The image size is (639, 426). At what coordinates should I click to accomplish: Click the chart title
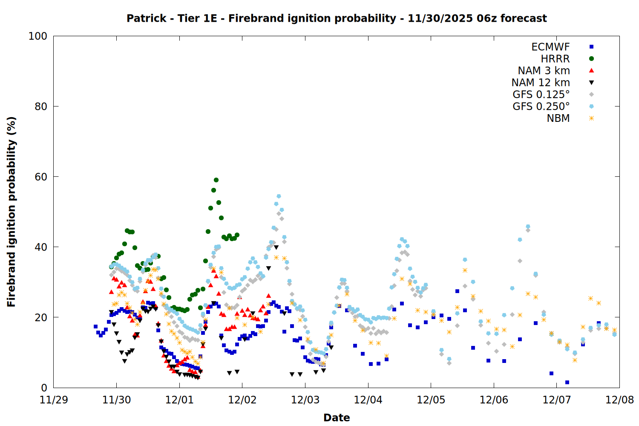coord(337,18)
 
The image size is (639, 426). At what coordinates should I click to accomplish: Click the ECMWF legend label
coord(550,47)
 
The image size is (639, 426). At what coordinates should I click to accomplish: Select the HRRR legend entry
coord(555,59)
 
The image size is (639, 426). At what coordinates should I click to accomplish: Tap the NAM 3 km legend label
coord(544,71)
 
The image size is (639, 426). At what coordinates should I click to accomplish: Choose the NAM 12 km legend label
coord(541,83)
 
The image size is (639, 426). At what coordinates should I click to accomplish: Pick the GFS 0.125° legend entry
coord(541,95)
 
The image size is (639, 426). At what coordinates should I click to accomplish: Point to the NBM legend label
coord(558,118)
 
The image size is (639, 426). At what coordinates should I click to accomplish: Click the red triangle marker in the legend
coord(591,71)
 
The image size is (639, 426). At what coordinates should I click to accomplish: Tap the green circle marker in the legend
coord(591,59)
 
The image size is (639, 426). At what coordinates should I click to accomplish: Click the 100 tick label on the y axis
coord(38,36)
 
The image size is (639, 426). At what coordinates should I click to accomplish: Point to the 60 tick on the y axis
coord(41,177)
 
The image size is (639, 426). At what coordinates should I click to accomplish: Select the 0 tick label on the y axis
coord(44,388)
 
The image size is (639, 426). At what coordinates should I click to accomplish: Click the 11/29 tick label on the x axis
coord(53,400)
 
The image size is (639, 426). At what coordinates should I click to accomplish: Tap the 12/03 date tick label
coord(305,400)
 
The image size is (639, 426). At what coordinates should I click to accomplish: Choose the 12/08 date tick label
coord(619,400)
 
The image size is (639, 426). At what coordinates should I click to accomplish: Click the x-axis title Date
coord(337,417)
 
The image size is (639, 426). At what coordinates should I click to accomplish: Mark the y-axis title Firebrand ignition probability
coord(11,212)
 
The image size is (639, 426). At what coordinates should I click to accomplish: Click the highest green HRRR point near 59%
coord(216,180)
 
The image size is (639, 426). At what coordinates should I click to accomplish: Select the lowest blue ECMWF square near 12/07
coord(567,382)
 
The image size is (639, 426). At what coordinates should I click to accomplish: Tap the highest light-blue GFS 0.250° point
coord(279,196)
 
